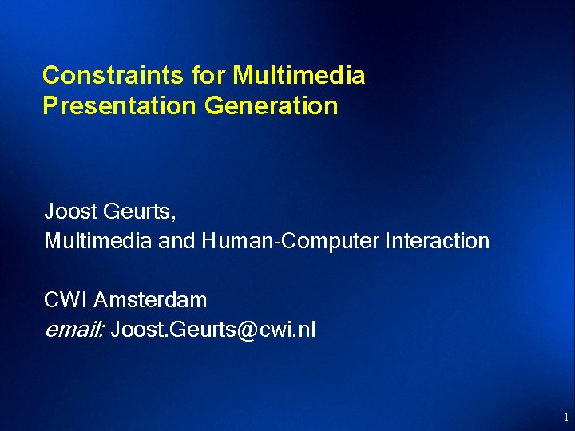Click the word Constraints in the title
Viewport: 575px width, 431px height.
coord(113,76)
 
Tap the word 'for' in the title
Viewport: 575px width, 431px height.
coord(209,76)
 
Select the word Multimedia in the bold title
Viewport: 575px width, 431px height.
coord(299,76)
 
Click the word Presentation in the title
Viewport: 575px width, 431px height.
coord(120,105)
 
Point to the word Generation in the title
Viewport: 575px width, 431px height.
coord(272,105)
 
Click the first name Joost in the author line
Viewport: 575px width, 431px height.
coord(70,212)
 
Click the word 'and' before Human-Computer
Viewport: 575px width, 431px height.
coord(176,240)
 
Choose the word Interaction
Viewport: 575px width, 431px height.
coord(437,240)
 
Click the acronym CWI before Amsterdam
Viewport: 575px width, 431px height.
coord(66,300)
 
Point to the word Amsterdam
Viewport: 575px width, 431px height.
coord(151,300)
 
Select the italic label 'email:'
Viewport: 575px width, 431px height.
coord(73,329)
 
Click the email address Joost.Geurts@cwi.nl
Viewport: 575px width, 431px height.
coord(213,329)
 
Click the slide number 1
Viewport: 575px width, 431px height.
coord(565,417)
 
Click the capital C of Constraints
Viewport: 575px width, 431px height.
coord(50,76)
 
